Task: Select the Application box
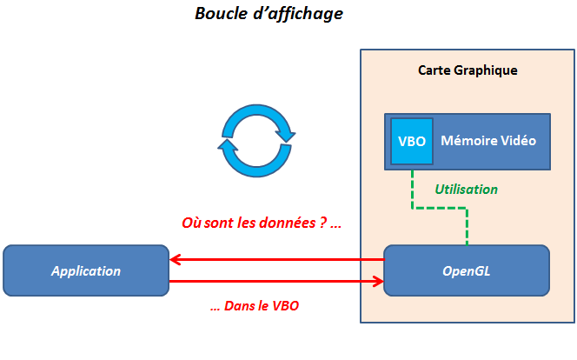click(x=86, y=270)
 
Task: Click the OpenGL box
click(x=466, y=270)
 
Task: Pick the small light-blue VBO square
click(x=411, y=141)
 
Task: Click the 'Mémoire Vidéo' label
click(x=488, y=141)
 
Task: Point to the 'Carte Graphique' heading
click(x=468, y=70)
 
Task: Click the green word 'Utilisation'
click(x=467, y=189)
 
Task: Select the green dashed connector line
click(x=439, y=209)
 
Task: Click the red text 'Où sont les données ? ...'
click(x=262, y=223)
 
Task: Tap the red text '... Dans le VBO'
click(x=255, y=306)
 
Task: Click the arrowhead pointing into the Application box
click(x=175, y=259)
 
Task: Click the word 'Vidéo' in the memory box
click(x=519, y=141)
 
